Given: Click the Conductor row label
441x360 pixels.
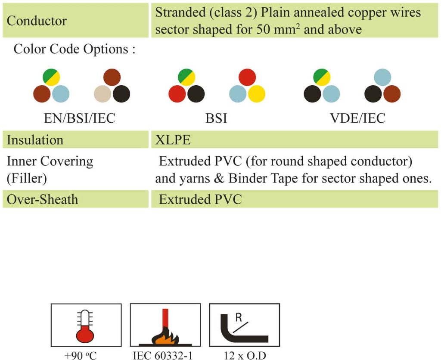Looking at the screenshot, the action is (x=37, y=21).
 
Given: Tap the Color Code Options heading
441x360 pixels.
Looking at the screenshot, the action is (x=74, y=49).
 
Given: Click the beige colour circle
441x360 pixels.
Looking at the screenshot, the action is (x=102, y=94).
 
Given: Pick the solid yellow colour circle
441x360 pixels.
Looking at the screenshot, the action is (x=257, y=94).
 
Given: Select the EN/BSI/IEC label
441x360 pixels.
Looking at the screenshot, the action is (x=80, y=118).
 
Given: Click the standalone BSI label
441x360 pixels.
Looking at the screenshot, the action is (x=216, y=118).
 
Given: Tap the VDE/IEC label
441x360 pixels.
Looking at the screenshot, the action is (x=357, y=118).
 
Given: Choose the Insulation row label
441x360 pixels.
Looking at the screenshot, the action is (x=35, y=140).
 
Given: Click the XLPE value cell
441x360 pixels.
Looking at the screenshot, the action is (x=173, y=140).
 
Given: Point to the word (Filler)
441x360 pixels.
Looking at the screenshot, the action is (x=27, y=178).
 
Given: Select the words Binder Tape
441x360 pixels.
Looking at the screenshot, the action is (x=248, y=178).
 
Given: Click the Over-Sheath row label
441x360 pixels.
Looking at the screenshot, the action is (x=42, y=199).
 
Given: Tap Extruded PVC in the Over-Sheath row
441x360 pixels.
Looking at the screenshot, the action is (x=200, y=199).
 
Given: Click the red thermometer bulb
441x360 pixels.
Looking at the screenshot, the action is (x=85, y=334).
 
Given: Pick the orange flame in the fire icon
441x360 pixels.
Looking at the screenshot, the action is (x=165, y=338).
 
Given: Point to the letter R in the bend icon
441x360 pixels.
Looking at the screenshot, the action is (x=239, y=317).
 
